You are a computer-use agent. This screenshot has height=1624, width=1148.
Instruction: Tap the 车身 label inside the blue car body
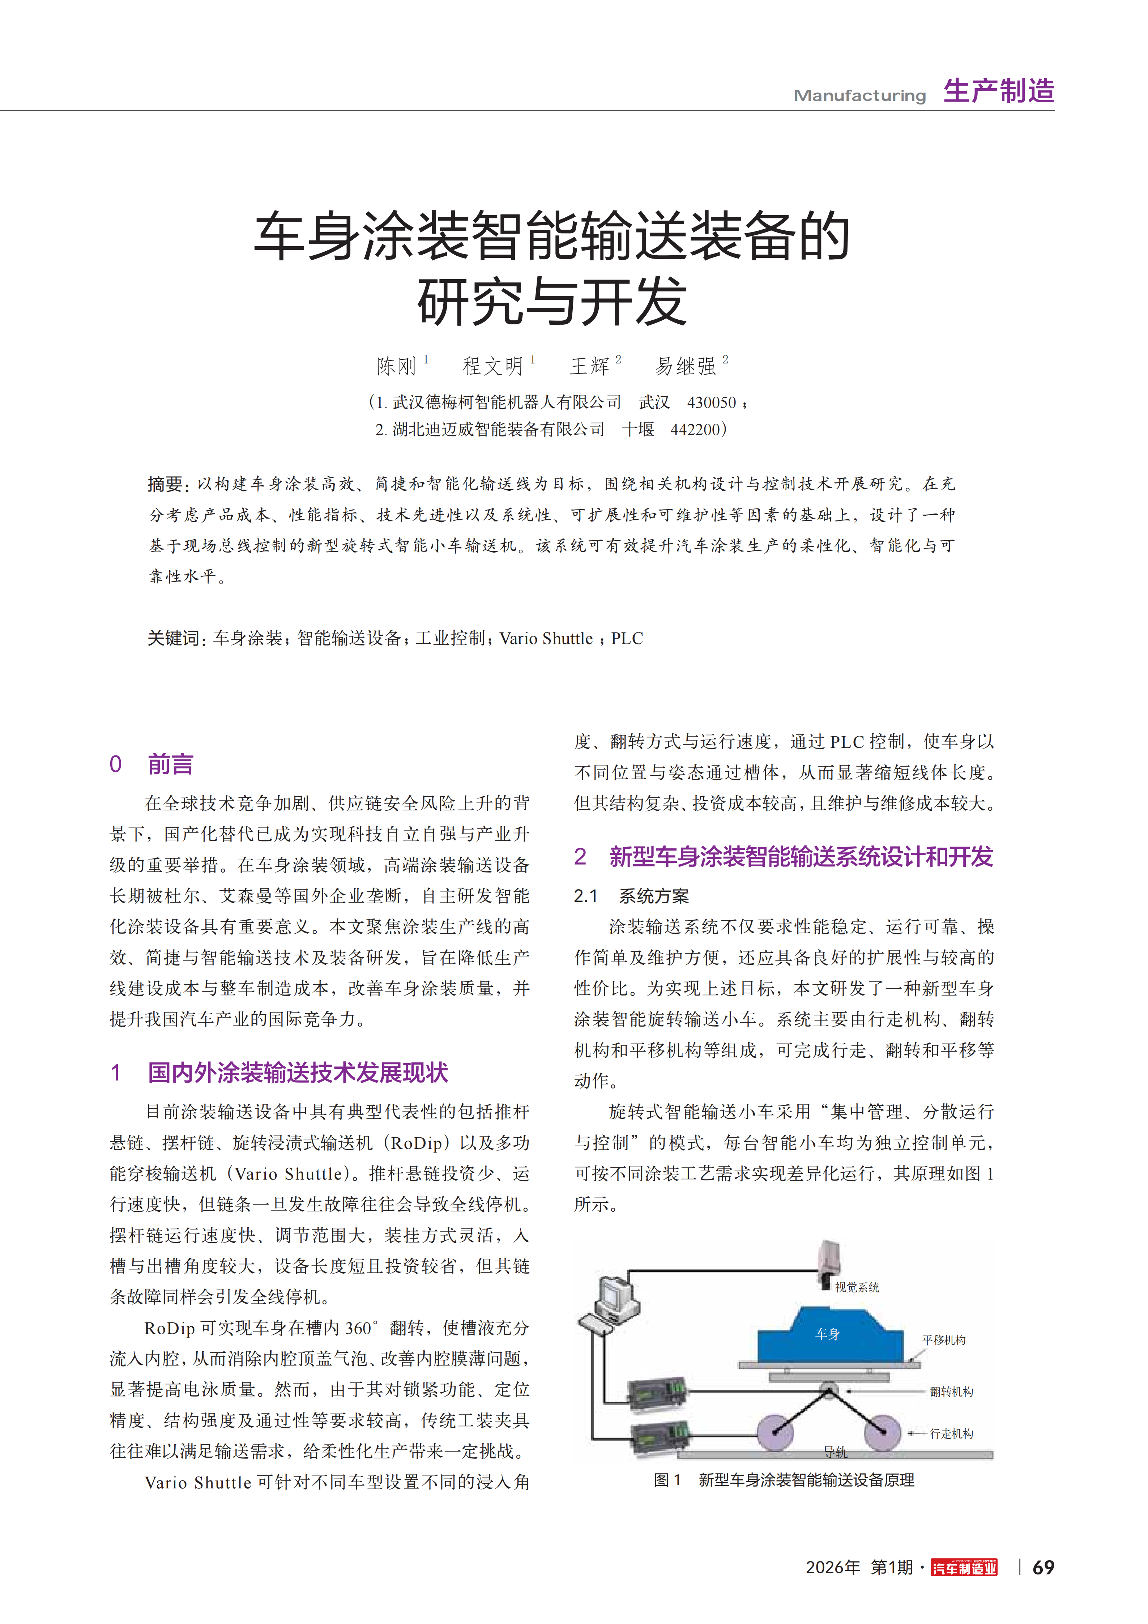click(827, 1334)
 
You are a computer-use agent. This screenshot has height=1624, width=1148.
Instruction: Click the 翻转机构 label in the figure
click(951, 1392)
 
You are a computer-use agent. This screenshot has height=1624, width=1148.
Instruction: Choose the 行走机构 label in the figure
click(951, 1434)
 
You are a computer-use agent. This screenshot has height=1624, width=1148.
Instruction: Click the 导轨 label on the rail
click(835, 1452)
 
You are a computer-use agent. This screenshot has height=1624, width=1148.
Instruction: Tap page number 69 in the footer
click(1043, 1568)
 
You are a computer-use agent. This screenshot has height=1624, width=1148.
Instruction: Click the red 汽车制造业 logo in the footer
click(964, 1568)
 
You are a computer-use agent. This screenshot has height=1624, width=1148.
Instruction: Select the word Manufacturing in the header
click(859, 95)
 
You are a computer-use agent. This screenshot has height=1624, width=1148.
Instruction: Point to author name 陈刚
click(396, 366)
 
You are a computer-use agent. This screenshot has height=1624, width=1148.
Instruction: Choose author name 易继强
click(686, 366)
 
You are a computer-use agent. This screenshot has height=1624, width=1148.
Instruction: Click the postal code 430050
click(712, 402)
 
